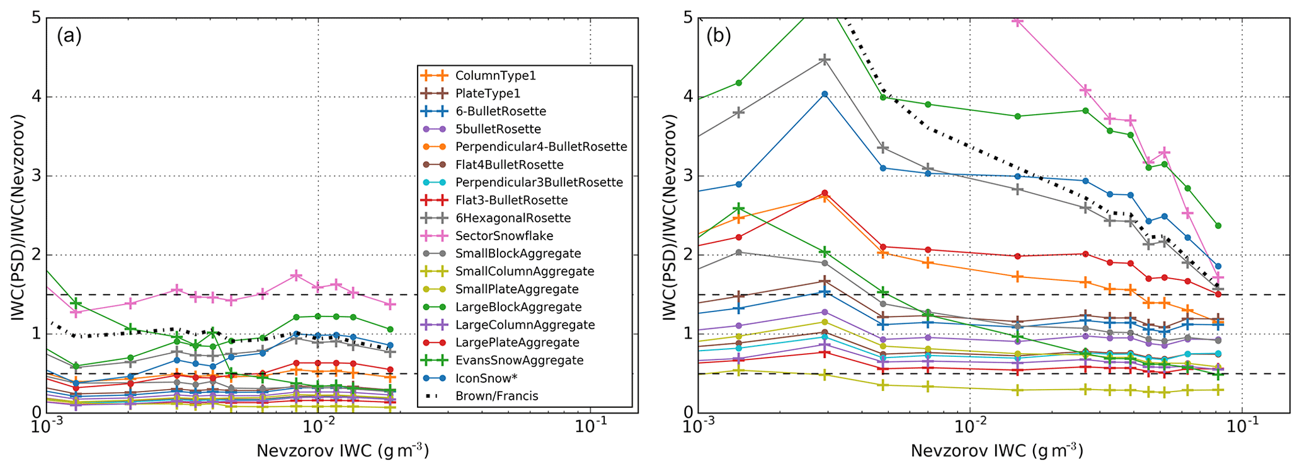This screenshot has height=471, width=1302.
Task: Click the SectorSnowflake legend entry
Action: pyautogui.click(x=504, y=236)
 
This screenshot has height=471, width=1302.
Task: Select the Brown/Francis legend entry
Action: pyautogui.click(x=496, y=396)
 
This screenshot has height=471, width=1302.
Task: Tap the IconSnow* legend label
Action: pyautogui.click(x=486, y=378)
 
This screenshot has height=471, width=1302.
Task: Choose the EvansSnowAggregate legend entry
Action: pyautogui.click(x=519, y=361)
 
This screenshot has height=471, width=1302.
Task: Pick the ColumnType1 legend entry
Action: pyautogui.click(x=495, y=76)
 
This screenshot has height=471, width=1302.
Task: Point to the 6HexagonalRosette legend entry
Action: pyautogui.click(x=513, y=218)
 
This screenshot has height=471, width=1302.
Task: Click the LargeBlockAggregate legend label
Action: pyautogui.click(x=518, y=307)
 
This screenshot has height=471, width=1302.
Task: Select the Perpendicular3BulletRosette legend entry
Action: pyautogui.click(x=539, y=182)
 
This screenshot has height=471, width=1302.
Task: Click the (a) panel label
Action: pyautogui.click(x=69, y=36)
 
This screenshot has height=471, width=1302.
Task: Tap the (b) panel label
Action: pyautogui.click(x=718, y=36)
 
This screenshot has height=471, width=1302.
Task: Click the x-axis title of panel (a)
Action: pyautogui.click(x=343, y=451)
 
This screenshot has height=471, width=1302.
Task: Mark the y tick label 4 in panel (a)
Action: pyautogui.click(x=35, y=97)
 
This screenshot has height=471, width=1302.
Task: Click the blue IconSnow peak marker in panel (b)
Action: pyautogui.click(x=825, y=94)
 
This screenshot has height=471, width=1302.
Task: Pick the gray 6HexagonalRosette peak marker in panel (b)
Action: pyautogui.click(x=825, y=60)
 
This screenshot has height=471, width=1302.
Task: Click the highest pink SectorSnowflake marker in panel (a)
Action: pyautogui.click(x=296, y=276)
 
